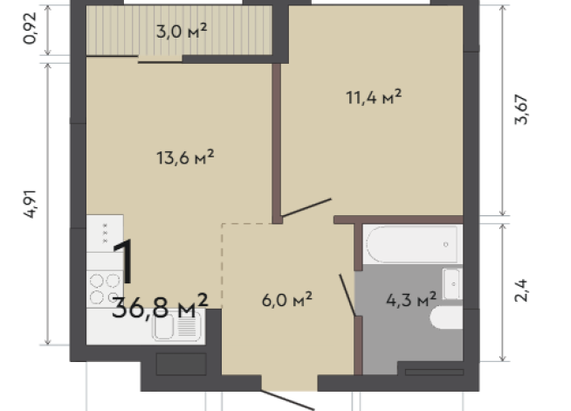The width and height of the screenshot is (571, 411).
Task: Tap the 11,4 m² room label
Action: pyautogui.click(x=374, y=97)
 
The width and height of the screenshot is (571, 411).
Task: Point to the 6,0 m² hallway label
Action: pyautogui.click(x=287, y=299)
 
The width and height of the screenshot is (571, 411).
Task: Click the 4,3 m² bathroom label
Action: pyautogui.click(x=411, y=300)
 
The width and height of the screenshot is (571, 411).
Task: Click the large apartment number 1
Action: pyautogui.click(x=123, y=261)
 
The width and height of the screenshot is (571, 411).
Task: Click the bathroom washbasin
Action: pyautogui.click(x=452, y=282)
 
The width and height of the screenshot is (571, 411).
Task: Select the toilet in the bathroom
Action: pyautogui.click(x=447, y=319)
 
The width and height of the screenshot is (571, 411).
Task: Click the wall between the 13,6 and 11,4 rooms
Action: pyautogui.click(x=276, y=144)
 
